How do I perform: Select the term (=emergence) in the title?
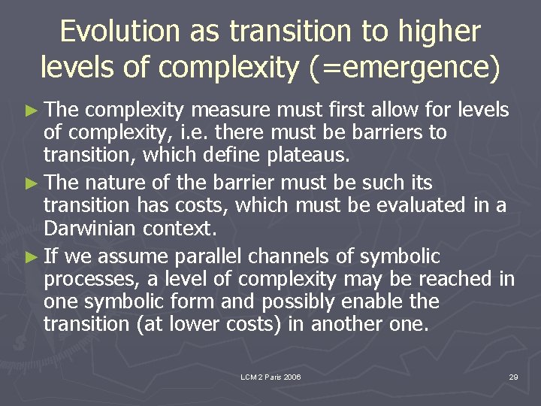click(402, 68)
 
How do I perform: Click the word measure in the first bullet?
click(231, 111)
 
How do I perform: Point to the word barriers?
click(388, 133)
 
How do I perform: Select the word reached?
click(458, 279)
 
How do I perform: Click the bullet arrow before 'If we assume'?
click(31, 257)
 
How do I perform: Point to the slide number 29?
click(513, 377)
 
